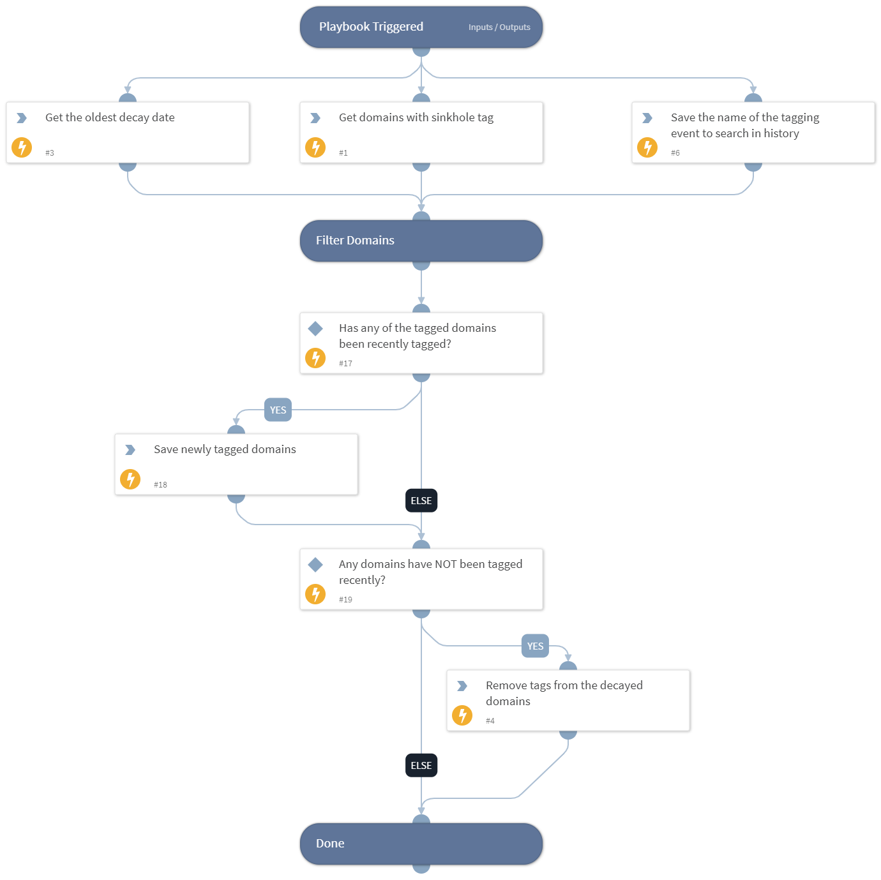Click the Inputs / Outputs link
pyautogui.click(x=499, y=27)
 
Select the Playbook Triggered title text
pyautogui.click(x=371, y=27)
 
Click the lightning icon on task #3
pyautogui.click(x=22, y=147)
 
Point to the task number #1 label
pyautogui.click(x=343, y=153)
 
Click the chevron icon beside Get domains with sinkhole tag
pyautogui.click(x=315, y=118)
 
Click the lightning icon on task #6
pyautogui.click(x=647, y=147)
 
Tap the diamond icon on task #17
pyautogui.click(x=315, y=329)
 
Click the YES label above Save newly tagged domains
pyautogui.click(x=278, y=410)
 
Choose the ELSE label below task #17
pyautogui.click(x=421, y=501)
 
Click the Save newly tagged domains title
pyautogui.click(x=225, y=449)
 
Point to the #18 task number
pyautogui.click(x=160, y=485)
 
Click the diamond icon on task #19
pyautogui.click(x=315, y=565)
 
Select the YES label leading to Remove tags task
pyautogui.click(x=535, y=646)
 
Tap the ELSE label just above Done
pyautogui.click(x=421, y=766)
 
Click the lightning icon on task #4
pyautogui.click(x=462, y=715)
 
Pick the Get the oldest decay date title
pyautogui.click(x=110, y=117)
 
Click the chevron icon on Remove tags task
pyautogui.click(x=462, y=686)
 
